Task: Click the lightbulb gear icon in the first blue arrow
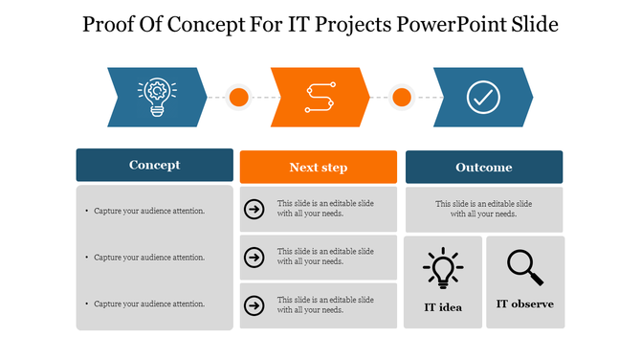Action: [157, 97]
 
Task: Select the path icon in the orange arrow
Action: [320, 97]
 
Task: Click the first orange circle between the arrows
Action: [239, 97]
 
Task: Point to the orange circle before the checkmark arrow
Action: [402, 97]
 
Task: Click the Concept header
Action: [154, 165]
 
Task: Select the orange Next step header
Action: [318, 168]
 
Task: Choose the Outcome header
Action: [483, 168]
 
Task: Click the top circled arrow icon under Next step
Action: [254, 209]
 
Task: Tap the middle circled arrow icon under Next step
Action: [254, 257]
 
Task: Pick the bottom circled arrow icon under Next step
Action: [254, 305]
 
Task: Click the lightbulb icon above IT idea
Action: [443, 268]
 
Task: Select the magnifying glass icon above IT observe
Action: [524, 267]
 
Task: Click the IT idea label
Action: [443, 307]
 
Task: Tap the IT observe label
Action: [524, 304]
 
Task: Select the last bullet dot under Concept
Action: [87, 304]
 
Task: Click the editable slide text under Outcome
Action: [483, 209]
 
